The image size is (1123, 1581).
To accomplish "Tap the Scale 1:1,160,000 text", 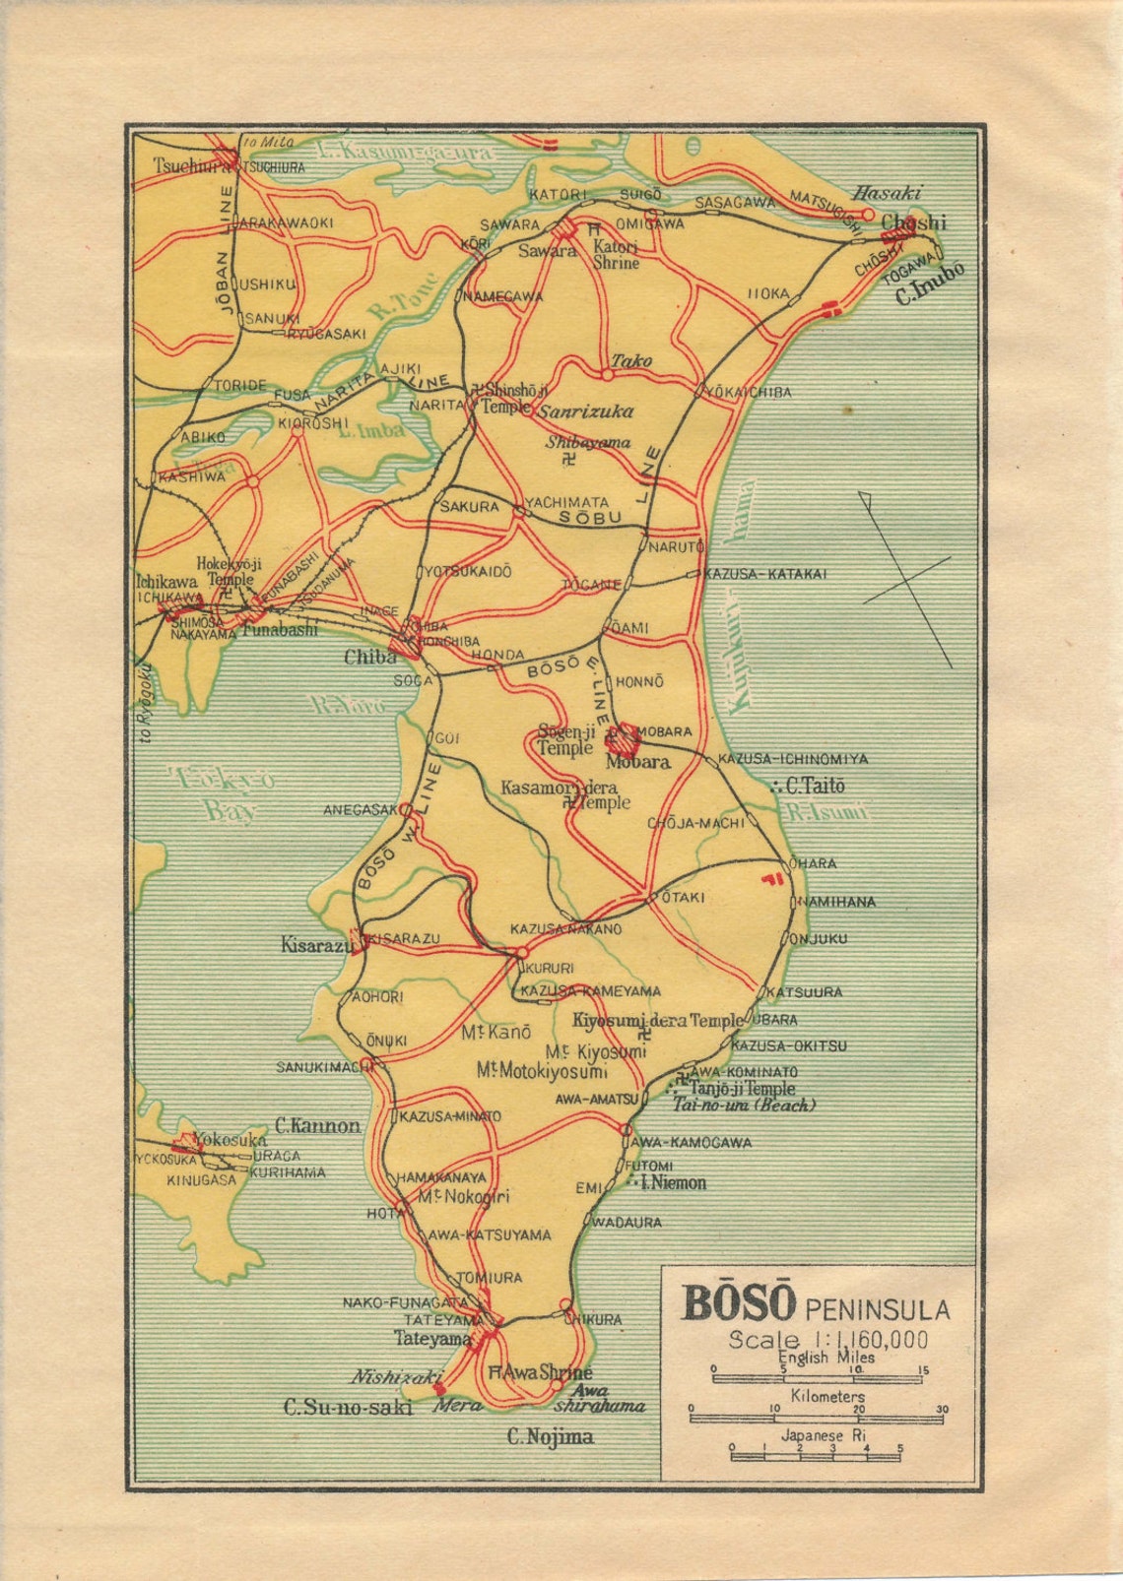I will point(827,1339).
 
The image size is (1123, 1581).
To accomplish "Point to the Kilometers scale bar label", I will point(827,1396).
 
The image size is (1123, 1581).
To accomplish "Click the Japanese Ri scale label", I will point(825,1435).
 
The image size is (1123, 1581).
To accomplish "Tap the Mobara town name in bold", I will point(638,762).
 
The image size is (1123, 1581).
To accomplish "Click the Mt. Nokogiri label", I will point(464,1197).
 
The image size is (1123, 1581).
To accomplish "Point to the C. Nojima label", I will point(550,1437).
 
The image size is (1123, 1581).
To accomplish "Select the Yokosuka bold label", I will point(229,1139).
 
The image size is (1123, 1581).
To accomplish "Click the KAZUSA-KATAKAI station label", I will point(764,574).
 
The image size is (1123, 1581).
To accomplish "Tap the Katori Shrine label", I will point(616,255).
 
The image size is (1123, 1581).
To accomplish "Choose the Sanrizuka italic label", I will point(585,411).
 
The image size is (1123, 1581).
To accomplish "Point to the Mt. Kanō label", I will point(495,1033).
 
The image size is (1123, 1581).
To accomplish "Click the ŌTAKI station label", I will point(683,898).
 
